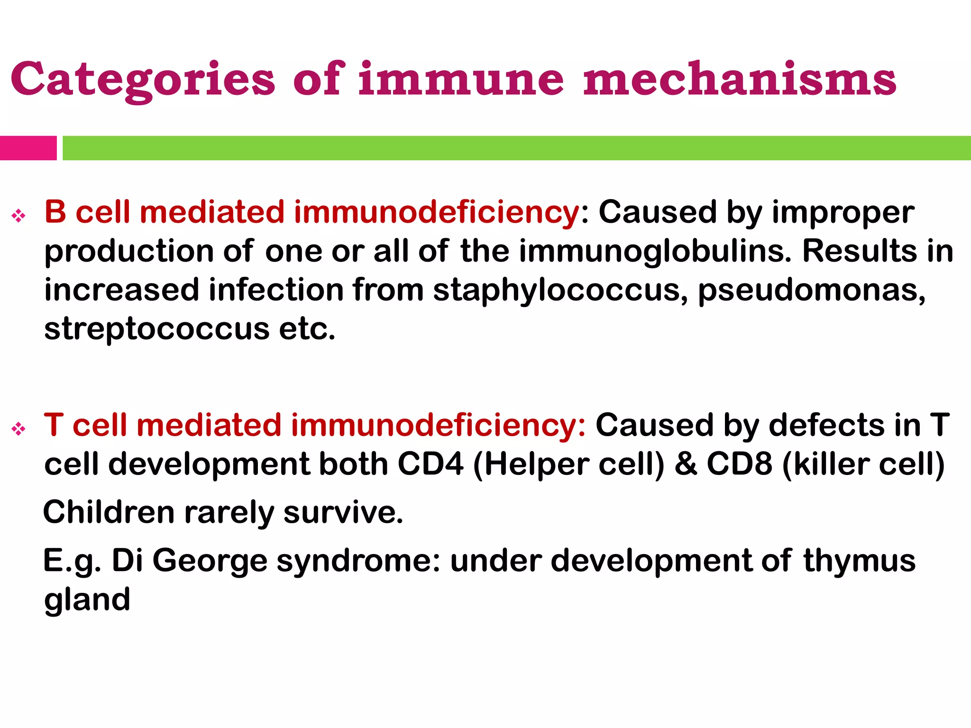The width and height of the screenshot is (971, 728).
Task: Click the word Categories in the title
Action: point(142,79)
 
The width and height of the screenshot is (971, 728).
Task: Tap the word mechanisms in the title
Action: point(740,79)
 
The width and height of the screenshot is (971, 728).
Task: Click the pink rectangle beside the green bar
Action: point(28,148)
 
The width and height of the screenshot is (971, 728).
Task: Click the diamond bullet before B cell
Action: point(19,216)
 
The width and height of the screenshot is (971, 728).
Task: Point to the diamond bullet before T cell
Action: point(19,429)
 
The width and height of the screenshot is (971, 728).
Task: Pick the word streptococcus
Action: point(156,329)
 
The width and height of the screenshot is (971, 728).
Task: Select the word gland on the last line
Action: point(87,600)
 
